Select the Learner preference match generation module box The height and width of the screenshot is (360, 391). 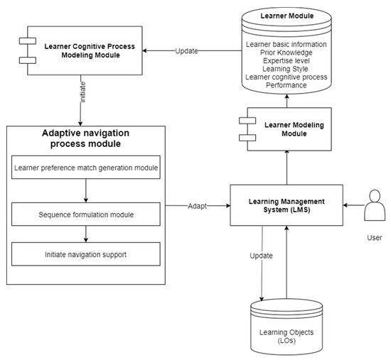[x=85, y=170]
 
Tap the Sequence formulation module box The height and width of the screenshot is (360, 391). [x=85, y=213]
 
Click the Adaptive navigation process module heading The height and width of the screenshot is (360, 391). [x=86, y=140]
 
